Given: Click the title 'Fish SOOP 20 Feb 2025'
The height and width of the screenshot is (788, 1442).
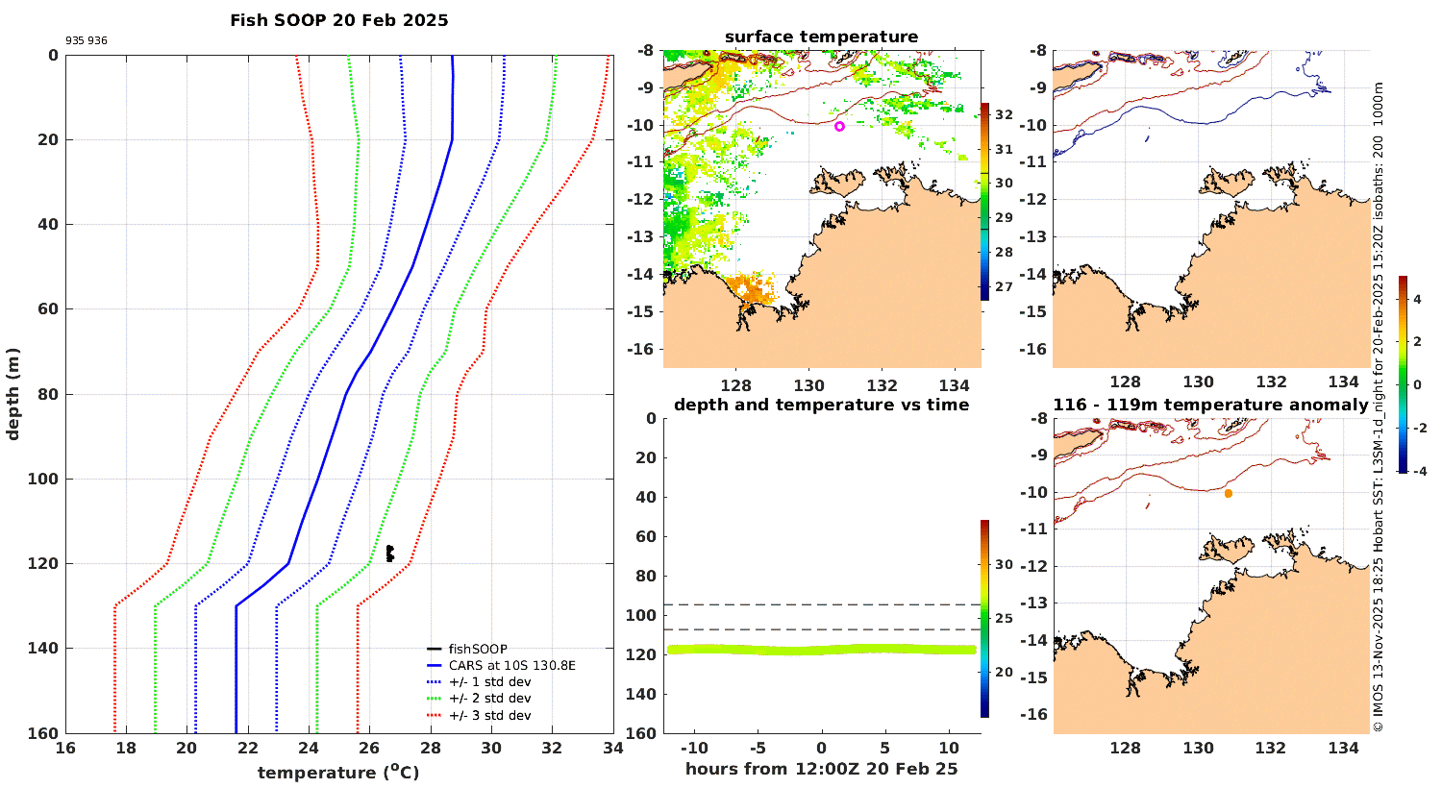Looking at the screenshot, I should point(338,20).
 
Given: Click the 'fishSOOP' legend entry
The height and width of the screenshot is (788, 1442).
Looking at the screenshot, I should point(477,649).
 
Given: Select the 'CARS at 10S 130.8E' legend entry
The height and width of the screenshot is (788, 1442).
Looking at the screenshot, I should point(511,665).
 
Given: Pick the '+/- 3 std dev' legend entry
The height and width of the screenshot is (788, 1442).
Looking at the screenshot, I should point(489,715).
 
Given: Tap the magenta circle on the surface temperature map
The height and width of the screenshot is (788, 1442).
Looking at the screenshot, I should point(839,126).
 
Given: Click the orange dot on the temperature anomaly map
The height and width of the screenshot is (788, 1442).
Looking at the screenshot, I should point(1229,493).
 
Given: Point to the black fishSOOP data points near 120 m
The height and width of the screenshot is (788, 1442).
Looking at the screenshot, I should point(389,553).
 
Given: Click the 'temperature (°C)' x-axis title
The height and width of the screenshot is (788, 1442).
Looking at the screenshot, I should point(338,772).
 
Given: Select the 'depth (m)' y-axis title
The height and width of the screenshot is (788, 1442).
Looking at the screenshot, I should point(13,393).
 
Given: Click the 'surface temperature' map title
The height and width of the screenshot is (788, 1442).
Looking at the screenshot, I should point(821,37).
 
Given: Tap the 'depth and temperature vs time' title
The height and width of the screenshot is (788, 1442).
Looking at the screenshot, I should point(821,405).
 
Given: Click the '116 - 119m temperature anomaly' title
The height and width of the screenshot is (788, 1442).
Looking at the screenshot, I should point(1210,405).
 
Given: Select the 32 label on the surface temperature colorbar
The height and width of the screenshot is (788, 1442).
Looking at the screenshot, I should point(1004,115).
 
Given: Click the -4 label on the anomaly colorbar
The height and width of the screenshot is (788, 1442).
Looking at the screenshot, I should point(1417,471).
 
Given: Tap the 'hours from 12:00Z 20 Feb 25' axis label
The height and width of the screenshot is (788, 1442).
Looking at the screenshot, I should point(821,768).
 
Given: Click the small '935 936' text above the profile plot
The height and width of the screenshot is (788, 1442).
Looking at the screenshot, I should point(87,41).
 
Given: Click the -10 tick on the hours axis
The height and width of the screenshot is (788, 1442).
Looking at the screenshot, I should point(694,748).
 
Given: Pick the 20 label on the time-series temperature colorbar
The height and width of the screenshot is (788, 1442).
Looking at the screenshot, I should point(1004,672).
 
